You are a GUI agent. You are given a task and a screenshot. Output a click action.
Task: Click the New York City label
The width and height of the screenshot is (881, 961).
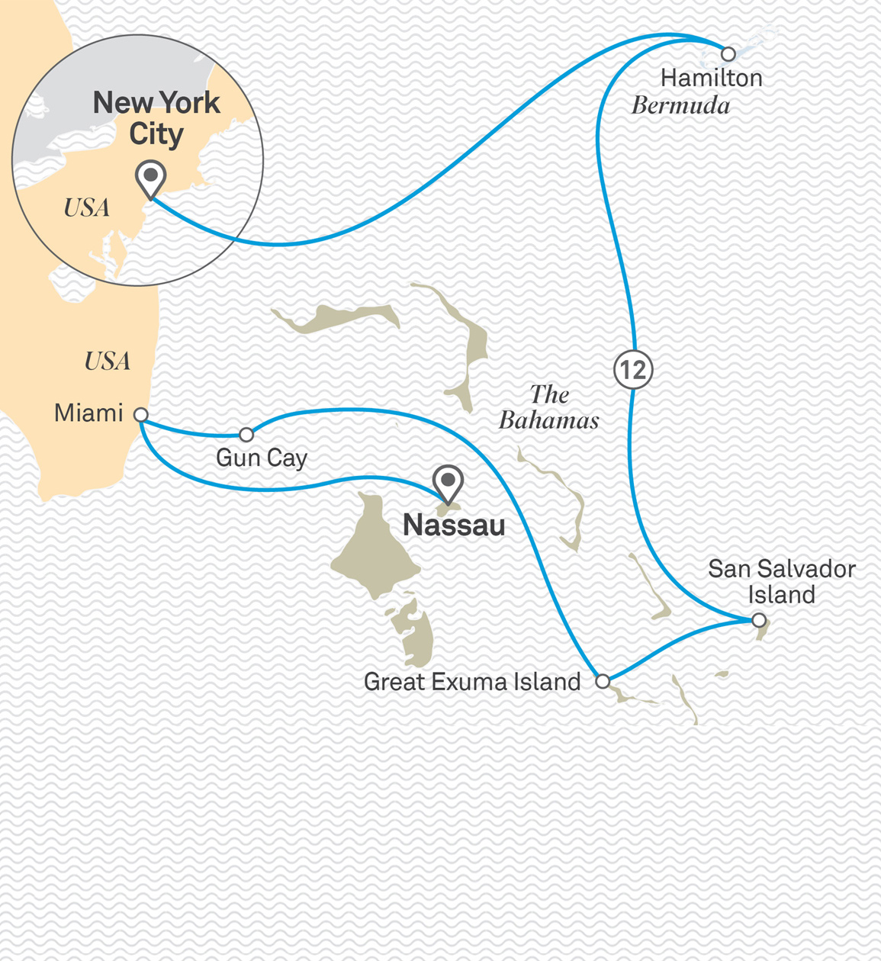(x=156, y=118)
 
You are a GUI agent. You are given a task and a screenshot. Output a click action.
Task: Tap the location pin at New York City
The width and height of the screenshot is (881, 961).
(x=150, y=178)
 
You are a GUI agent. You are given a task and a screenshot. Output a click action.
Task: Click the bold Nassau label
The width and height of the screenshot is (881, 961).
(x=454, y=525)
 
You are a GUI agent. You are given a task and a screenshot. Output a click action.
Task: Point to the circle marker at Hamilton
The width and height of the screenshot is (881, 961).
(x=728, y=54)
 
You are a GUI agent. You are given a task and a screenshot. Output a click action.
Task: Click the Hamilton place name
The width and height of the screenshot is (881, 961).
(x=711, y=78)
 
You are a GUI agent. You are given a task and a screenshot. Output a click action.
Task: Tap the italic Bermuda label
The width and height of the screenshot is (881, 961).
(x=680, y=105)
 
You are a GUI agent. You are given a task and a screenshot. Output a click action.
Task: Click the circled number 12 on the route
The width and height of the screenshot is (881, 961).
(x=633, y=370)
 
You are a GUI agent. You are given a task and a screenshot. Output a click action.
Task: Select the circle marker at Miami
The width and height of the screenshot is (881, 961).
(x=141, y=415)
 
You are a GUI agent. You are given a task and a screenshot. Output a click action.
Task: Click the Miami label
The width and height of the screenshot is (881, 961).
(x=88, y=413)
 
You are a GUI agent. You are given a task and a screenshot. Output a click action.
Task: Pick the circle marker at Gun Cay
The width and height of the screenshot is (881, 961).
(x=246, y=435)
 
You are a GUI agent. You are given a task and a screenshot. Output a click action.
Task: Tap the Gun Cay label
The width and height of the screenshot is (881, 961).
(x=262, y=458)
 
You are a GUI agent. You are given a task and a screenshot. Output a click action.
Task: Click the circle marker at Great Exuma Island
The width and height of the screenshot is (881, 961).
(x=603, y=681)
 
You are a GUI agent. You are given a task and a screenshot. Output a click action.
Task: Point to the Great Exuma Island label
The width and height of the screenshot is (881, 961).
(x=472, y=681)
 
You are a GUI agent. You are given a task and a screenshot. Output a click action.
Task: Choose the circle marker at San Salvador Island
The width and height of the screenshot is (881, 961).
(x=758, y=620)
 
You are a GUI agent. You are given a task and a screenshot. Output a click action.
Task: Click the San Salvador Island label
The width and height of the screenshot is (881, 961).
(x=781, y=581)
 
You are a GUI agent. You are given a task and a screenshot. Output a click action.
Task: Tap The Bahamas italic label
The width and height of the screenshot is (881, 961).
(x=549, y=407)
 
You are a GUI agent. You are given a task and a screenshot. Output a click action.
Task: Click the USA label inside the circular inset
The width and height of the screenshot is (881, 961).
(x=86, y=207)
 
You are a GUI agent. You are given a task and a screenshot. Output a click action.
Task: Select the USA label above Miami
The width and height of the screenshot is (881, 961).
(x=108, y=361)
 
